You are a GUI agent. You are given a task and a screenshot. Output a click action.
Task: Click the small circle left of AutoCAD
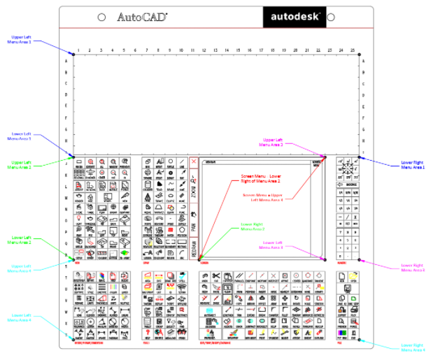tap(102, 17)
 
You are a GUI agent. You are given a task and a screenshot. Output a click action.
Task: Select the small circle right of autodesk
tap(332, 17)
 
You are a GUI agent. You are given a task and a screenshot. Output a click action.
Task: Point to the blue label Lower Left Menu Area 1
tap(26, 136)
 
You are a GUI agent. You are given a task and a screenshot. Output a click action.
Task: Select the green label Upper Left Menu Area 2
tap(26, 165)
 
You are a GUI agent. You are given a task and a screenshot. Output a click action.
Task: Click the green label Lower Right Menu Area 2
tap(253, 226)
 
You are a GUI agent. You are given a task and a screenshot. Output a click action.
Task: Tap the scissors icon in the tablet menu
tap(216, 275)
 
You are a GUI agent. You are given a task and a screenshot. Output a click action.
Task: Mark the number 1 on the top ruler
tap(79, 50)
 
